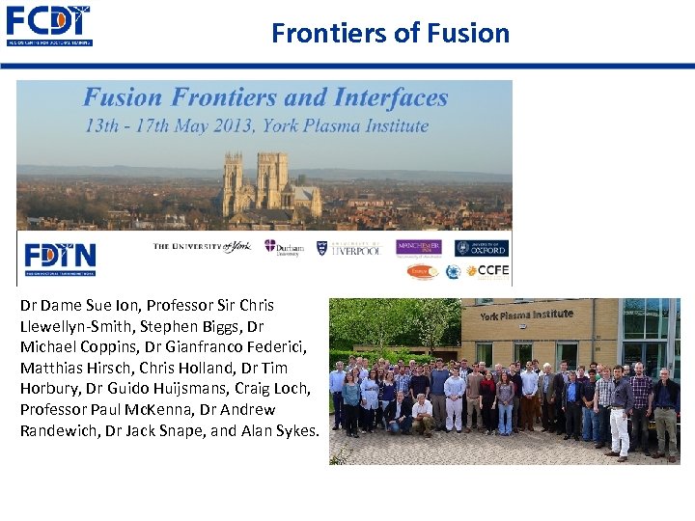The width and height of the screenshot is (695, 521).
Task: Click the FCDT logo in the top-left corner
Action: (48, 26)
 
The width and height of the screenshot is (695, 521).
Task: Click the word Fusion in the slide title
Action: (460, 33)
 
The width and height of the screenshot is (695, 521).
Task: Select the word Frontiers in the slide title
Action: (328, 33)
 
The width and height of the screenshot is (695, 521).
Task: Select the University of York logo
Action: (203, 247)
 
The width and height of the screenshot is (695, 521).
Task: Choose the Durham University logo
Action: (284, 247)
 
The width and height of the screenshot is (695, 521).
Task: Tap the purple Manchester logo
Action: (418, 248)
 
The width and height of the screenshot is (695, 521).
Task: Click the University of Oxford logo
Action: (482, 248)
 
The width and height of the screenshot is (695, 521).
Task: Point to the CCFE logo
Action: (486, 271)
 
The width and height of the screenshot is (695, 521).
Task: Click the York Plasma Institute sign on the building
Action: (526, 315)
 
